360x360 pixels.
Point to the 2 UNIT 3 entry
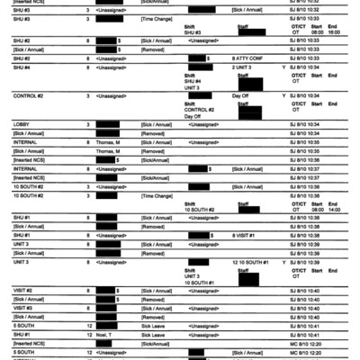point(241,67)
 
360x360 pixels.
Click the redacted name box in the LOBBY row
point(107,123)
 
